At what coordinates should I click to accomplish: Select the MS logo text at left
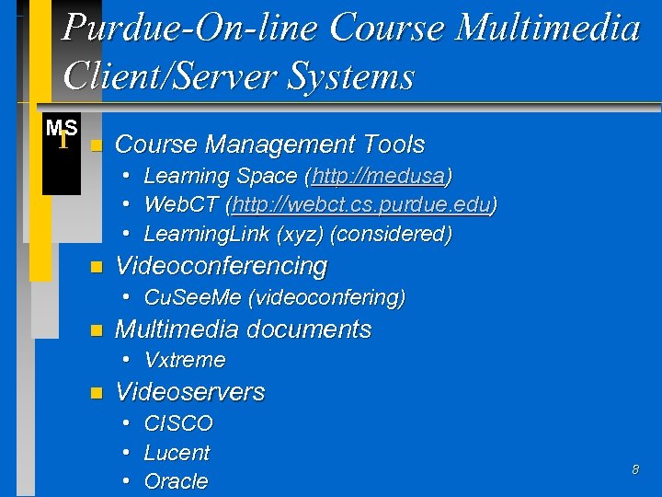click(x=62, y=130)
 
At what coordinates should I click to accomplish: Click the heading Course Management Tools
click(x=270, y=144)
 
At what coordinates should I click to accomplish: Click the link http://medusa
click(x=379, y=176)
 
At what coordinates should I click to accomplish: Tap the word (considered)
click(x=394, y=234)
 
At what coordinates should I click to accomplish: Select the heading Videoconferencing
click(x=221, y=266)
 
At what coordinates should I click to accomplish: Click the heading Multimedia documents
click(x=243, y=329)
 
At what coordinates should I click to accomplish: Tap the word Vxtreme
click(x=185, y=360)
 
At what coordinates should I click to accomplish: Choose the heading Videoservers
click(x=189, y=392)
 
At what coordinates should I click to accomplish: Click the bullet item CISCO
click(x=178, y=424)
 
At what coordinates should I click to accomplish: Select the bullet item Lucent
click(x=177, y=453)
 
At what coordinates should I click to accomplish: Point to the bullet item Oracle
click(x=176, y=481)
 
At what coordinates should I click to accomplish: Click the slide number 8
click(x=634, y=470)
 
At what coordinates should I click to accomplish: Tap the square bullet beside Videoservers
click(x=95, y=394)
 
